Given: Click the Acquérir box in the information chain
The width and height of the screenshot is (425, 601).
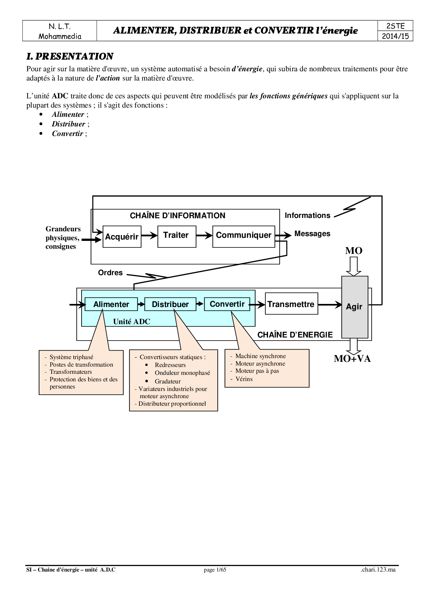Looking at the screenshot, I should coord(122,236).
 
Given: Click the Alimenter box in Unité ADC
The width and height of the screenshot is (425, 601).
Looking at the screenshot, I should coord(111,304).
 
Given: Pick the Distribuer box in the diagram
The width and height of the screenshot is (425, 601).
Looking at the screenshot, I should coord(170,304).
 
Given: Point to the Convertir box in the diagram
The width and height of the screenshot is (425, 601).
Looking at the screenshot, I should coord(227,304).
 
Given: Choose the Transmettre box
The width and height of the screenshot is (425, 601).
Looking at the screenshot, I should coord(291,304).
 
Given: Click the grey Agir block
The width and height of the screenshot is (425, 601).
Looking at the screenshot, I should coord(354,307).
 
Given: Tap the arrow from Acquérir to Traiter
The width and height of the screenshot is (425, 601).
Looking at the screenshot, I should coord(149,235).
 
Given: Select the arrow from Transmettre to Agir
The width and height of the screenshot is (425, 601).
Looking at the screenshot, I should coord(330,304).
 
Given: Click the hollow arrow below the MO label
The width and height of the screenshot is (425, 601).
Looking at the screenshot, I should coord(354,266).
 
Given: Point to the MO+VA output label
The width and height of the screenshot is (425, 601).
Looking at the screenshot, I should coord(352,359).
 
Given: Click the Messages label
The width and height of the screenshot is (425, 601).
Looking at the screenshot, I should coord(312,234).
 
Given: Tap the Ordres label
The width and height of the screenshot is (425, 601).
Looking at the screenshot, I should coord(110,273).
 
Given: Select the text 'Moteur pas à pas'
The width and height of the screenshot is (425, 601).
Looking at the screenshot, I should coord(257,371).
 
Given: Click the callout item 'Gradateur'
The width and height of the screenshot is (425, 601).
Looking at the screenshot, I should coord(168,381).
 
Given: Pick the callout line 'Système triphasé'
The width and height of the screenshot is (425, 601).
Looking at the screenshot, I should coord(71,357).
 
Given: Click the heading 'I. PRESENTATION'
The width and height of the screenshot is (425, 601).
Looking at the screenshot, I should coord(70,57).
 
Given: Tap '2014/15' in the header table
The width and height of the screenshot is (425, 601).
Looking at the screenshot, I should coord(396,36).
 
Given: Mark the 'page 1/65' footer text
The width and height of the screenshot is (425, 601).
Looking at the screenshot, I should coord(215,570).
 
